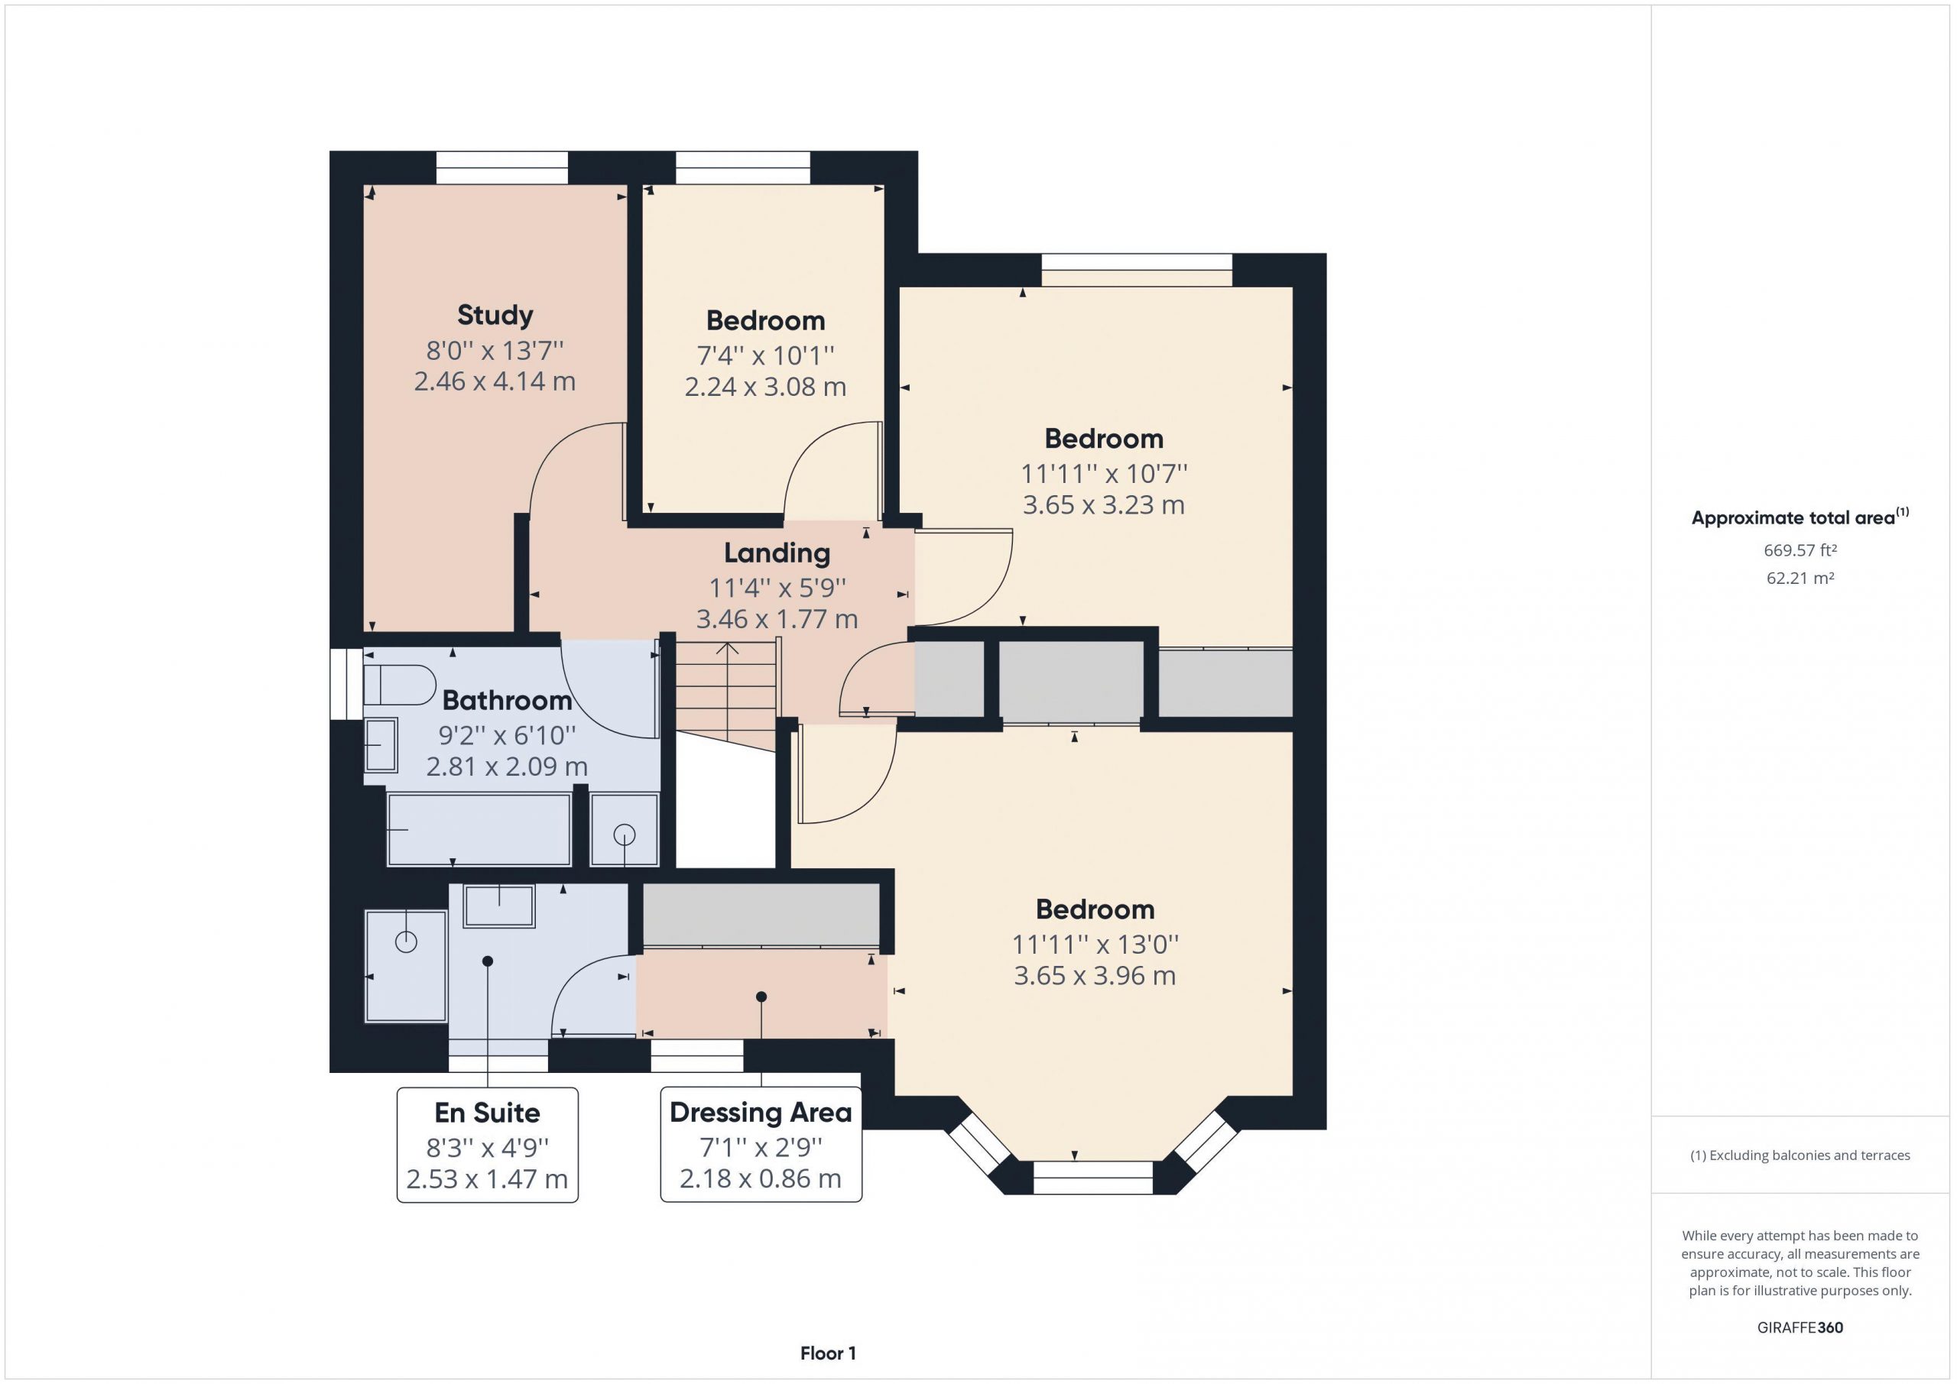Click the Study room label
click(x=495, y=316)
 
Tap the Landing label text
click(x=777, y=553)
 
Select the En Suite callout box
click(x=488, y=1145)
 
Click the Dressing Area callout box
click(x=761, y=1145)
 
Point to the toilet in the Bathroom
click(x=399, y=684)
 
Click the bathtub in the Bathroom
click(x=479, y=830)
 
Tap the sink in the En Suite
click(x=498, y=906)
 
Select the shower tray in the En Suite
click(x=406, y=965)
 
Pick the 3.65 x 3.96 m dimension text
click(x=1095, y=975)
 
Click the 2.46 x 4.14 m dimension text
click(x=495, y=381)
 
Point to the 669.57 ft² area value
click(x=1800, y=550)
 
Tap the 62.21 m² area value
click(x=1800, y=578)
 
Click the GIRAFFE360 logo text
click(x=1800, y=1327)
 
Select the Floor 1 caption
click(x=828, y=1353)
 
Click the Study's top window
click(x=502, y=168)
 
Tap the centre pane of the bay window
click(x=1092, y=1177)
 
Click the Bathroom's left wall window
click(x=347, y=684)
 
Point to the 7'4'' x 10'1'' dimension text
click(x=765, y=355)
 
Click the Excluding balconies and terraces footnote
click(x=1800, y=1155)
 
